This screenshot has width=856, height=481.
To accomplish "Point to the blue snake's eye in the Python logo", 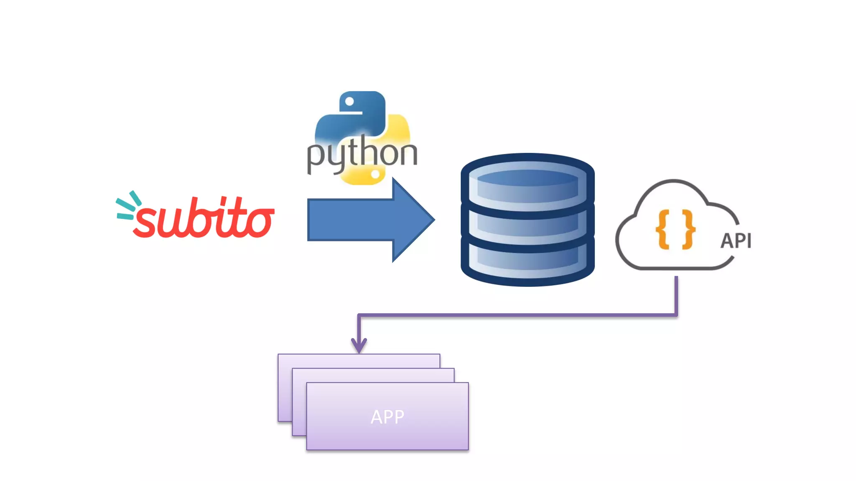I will pyautogui.click(x=349, y=101).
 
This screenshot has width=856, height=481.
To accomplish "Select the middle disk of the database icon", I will pyautogui.click(x=527, y=225).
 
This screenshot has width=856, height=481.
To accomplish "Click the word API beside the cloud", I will pyautogui.click(x=736, y=241).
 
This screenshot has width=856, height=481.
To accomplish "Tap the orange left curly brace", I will pyautogui.click(x=663, y=230).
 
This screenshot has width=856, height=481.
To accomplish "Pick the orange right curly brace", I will pyautogui.click(x=688, y=230).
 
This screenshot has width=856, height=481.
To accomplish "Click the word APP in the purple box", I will pyautogui.click(x=387, y=417).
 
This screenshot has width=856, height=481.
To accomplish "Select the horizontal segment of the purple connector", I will pyautogui.click(x=518, y=315).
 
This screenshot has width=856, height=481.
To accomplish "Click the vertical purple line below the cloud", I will pyautogui.click(x=676, y=294).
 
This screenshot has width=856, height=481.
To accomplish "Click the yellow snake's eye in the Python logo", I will pyautogui.click(x=375, y=175).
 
